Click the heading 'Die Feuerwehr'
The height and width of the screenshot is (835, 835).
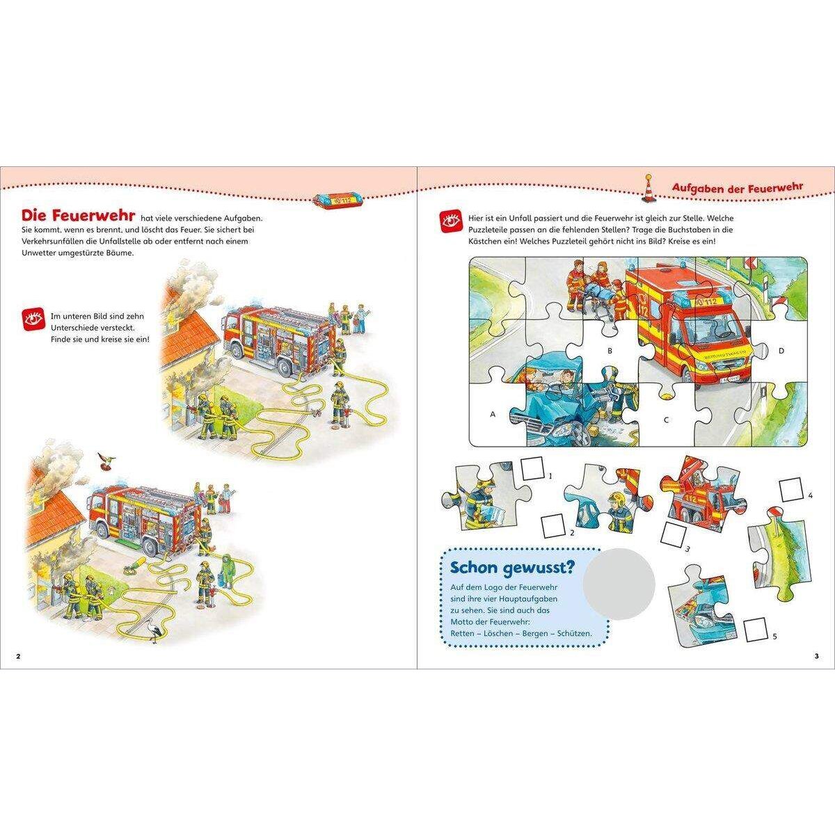click(79, 216)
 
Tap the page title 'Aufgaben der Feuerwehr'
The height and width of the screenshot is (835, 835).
click(737, 187)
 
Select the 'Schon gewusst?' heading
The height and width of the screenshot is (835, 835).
click(513, 568)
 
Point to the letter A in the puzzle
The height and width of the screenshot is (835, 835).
click(492, 414)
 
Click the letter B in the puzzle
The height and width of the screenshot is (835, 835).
click(610, 351)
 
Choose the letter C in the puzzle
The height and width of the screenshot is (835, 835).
click(667, 420)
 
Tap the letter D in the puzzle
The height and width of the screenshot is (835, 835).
click(781, 351)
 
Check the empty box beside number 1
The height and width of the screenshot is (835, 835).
click(533, 468)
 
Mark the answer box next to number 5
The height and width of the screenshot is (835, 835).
click(756, 630)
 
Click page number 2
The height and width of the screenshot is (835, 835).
click(18, 656)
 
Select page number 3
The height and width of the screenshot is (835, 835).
click(816, 656)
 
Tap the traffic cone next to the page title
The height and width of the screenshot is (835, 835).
click(649, 189)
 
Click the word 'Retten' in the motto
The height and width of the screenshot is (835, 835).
click(462, 633)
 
